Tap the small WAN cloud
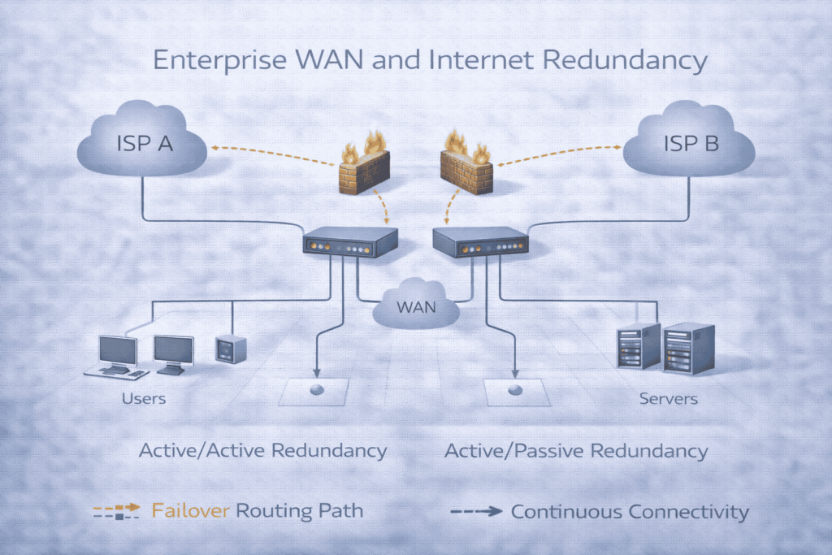pyautogui.click(x=416, y=306)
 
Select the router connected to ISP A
pyautogui.click(x=350, y=241)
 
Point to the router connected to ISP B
pyautogui.click(x=480, y=241)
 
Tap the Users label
pyautogui.click(x=144, y=399)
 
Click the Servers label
pyautogui.click(x=668, y=399)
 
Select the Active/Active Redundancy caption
pyautogui.click(x=262, y=451)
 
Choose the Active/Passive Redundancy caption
pyautogui.click(x=576, y=451)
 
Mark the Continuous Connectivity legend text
pyautogui.click(x=630, y=511)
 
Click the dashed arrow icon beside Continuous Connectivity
pyautogui.click(x=476, y=511)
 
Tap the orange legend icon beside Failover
pyautogui.click(x=118, y=511)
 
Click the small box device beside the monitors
pyautogui.click(x=230, y=349)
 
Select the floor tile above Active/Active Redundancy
pyautogui.click(x=314, y=392)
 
